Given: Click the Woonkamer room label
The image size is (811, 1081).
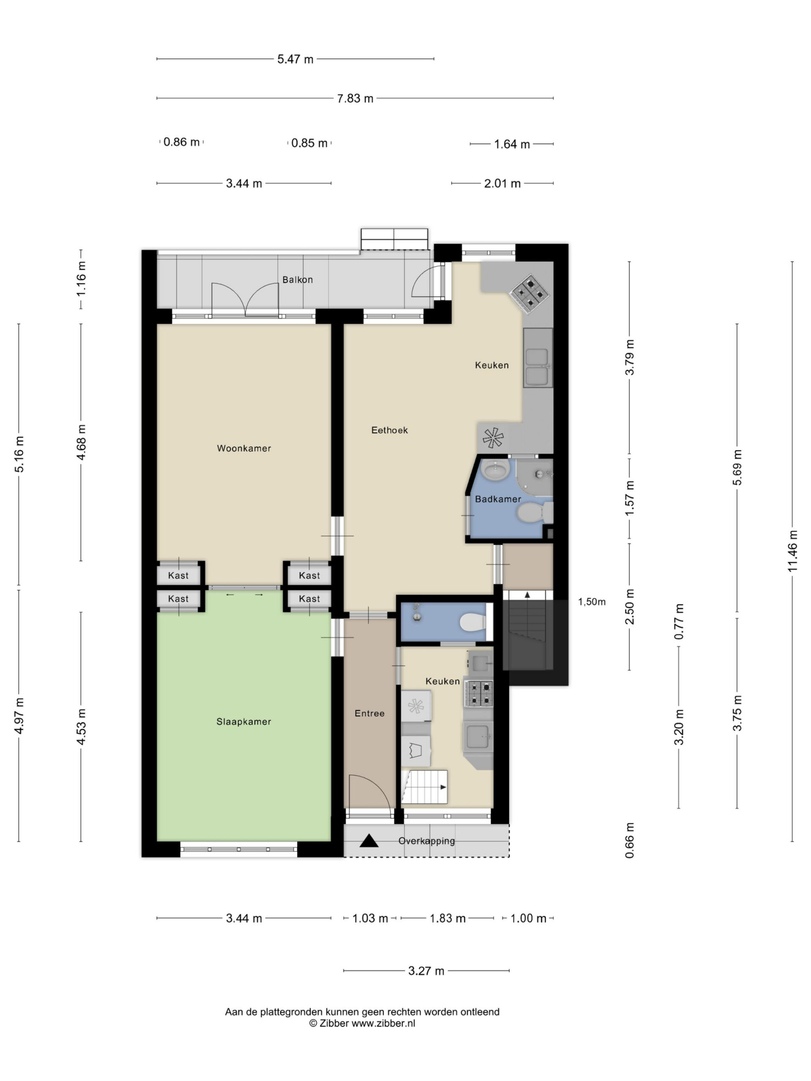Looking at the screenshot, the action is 244,448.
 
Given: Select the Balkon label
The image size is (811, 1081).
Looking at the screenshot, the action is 297,280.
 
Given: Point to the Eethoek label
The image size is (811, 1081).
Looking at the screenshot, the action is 389,430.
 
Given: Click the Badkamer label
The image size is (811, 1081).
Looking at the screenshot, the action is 498,499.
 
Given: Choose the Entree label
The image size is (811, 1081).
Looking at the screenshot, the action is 370,714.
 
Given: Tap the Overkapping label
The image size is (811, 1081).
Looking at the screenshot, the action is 426,841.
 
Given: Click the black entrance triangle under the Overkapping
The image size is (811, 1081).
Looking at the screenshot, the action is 369,841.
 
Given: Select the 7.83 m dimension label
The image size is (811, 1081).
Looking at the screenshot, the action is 355,98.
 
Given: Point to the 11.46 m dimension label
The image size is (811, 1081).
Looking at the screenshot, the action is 792,551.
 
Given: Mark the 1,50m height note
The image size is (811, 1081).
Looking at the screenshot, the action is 591,602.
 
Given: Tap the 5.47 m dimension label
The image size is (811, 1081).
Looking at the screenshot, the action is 295,59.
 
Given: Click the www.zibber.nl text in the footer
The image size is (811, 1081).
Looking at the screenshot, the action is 383,1023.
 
